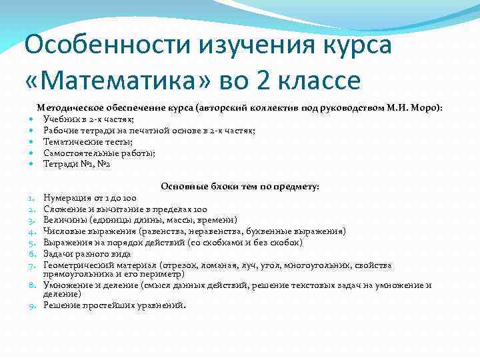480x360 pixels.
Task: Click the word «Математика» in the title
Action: tap(117, 81)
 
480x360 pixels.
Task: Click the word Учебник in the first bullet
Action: tap(61, 119)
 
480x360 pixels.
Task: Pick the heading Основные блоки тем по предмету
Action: tap(240, 187)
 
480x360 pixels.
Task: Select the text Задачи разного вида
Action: tap(87, 254)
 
